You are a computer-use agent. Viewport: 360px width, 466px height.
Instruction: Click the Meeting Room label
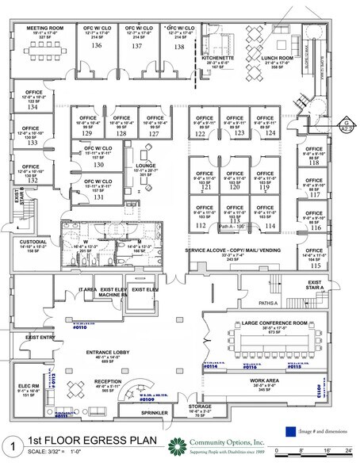click(44, 27)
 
